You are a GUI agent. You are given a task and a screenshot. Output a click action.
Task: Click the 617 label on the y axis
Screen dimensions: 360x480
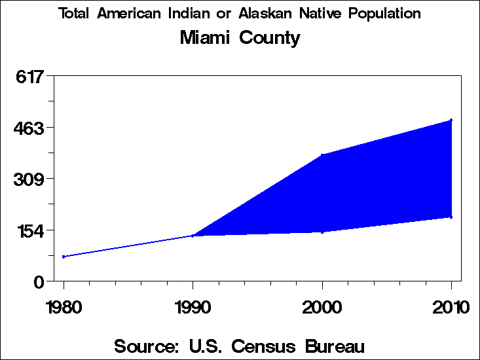(29, 77)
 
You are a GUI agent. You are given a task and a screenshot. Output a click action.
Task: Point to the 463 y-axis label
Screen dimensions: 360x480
(29, 128)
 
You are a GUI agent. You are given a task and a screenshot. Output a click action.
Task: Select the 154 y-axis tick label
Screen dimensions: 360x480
(29, 230)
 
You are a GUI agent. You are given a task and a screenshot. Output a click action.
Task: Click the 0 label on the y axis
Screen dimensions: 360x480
(39, 281)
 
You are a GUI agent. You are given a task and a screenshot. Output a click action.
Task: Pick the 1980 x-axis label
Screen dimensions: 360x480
(64, 307)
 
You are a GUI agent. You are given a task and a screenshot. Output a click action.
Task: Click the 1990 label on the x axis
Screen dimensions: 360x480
(193, 307)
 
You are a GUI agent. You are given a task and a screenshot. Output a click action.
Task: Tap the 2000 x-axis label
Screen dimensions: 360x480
(322, 307)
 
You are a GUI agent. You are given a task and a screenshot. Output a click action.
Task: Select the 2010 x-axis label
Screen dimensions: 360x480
(451, 307)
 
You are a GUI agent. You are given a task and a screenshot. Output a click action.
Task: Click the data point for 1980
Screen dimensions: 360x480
(64, 257)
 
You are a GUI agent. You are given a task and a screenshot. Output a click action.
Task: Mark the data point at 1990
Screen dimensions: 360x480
(193, 236)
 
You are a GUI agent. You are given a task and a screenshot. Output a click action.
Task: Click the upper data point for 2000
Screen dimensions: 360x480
(322, 155)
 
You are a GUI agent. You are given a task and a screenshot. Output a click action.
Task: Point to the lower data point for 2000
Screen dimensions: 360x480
(322, 232)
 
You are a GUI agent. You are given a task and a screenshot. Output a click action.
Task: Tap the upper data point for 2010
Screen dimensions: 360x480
(451, 120)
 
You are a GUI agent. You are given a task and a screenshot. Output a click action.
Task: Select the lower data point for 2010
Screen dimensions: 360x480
(451, 217)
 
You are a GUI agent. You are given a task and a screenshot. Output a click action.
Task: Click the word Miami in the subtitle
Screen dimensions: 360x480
(206, 38)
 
